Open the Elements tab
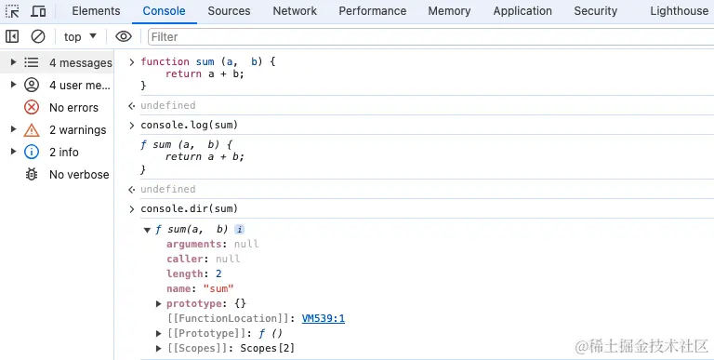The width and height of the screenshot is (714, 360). pyautogui.click(x=96, y=11)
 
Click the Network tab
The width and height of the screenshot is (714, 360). pyautogui.click(x=295, y=11)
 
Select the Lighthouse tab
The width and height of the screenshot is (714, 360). pyautogui.click(x=679, y=11)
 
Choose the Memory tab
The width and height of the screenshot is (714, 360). pyautogui.click(x=449, y=11)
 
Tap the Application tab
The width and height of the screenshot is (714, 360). pyautogui.click(x=522, y=11)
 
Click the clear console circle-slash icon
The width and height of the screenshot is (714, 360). pyautogui.click(x=38, y=36)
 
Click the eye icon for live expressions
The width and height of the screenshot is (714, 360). pyautogui.click(x=124, y=36)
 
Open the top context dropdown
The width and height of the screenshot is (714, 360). pyautogui.click(x=80, y=36)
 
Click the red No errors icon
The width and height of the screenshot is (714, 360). pyautogui.click(x=32, y=108)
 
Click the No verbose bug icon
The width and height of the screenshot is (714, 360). pyautogui.click(x=32, y=174)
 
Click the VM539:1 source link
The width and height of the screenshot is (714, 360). pyautogui.click(x=324, y=318)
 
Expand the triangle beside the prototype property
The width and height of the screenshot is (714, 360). pyautogui.click(x=158, y=303)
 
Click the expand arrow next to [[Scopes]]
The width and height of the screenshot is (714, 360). pyautogui.click(x=158, y=348)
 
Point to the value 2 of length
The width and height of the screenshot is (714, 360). pyautogui.click(x=218, y=273)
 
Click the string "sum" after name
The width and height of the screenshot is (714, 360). pyautogui.click(x=218, y=288)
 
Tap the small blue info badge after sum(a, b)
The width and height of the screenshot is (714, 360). pyautogui.click(x=239, y=229)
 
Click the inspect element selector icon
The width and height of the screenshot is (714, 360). pyautogui.click(x=12, y=11)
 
